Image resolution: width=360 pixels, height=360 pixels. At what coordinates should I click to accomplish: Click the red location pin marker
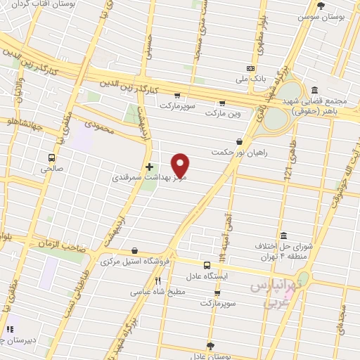pyautogui.click(x=181, y=165)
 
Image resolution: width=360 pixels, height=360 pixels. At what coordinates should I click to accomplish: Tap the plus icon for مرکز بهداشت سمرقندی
pyautogui.click(x=149, y=167)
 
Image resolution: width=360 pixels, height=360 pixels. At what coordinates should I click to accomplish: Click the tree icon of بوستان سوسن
pyautogui.click(x=321, y=6)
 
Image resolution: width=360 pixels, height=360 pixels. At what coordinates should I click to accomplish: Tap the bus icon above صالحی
pyautogui.click(x=51, y=157)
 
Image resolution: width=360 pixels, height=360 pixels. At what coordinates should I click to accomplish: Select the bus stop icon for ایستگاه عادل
pyautogui.click(x=207, y=265)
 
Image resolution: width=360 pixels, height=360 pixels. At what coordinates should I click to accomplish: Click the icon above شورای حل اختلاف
pyautogui.click(x=283, y=236)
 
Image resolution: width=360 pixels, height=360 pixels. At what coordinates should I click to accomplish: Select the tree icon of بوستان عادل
pyautogui.click(x=210, y=345)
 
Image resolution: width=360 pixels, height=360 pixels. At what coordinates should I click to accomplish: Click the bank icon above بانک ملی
pyautogui.click(x=250, y=69)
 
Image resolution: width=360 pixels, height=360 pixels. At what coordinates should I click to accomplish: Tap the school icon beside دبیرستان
pyautogui.click(x=10, y=328)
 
